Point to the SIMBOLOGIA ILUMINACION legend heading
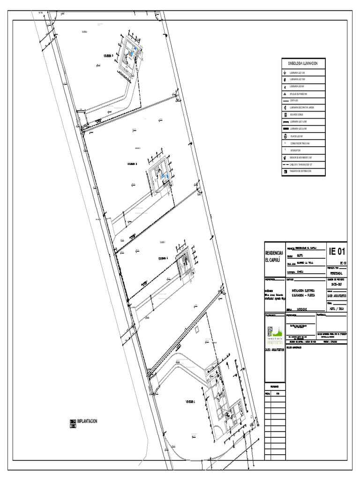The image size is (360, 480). (x=302, y=63)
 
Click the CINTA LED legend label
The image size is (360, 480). (x=294, y=100)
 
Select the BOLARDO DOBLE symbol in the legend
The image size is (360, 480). (x=285, y=114)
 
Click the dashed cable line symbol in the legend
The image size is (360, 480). (x=285, y=165)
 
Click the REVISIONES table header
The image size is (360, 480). (x=274, y=386)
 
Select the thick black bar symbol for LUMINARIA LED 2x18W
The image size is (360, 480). (x=285, y=128)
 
